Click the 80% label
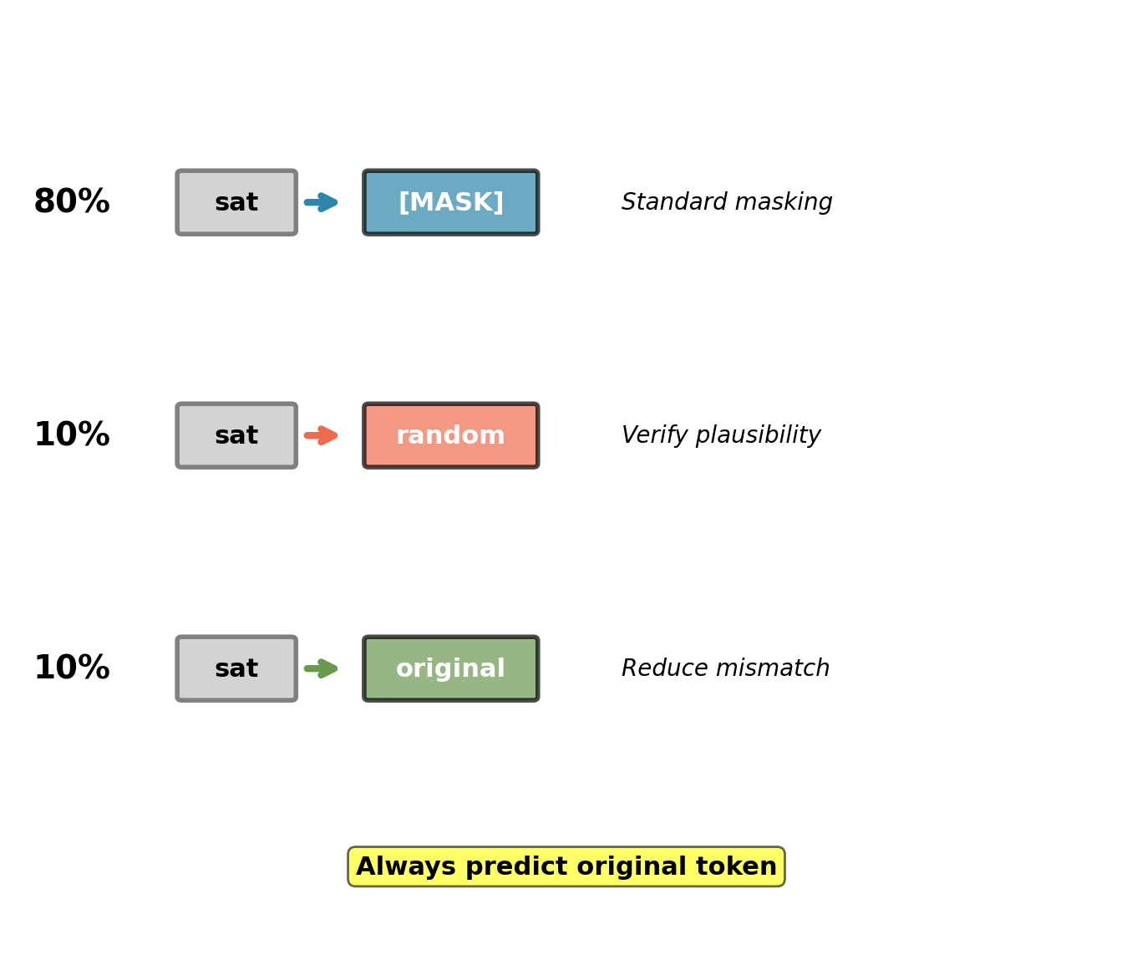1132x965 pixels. [72, 201]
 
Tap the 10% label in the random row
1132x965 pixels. [72, 434]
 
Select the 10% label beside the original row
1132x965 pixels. [72, 668]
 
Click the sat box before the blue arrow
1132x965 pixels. [236, 202]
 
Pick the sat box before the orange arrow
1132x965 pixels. [236, 435]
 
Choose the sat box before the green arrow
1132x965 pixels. [236, 668]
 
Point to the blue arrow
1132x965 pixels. [321, 202]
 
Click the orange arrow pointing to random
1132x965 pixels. [321, 435]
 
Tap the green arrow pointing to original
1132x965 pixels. [321, 668]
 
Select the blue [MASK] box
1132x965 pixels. [451, 202]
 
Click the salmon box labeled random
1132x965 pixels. [451, 435]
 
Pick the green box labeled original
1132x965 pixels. [451, 668]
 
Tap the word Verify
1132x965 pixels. [654, 435]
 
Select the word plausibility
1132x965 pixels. [758, 435]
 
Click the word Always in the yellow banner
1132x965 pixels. [405, 867]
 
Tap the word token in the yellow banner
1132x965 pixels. [736, 866]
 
